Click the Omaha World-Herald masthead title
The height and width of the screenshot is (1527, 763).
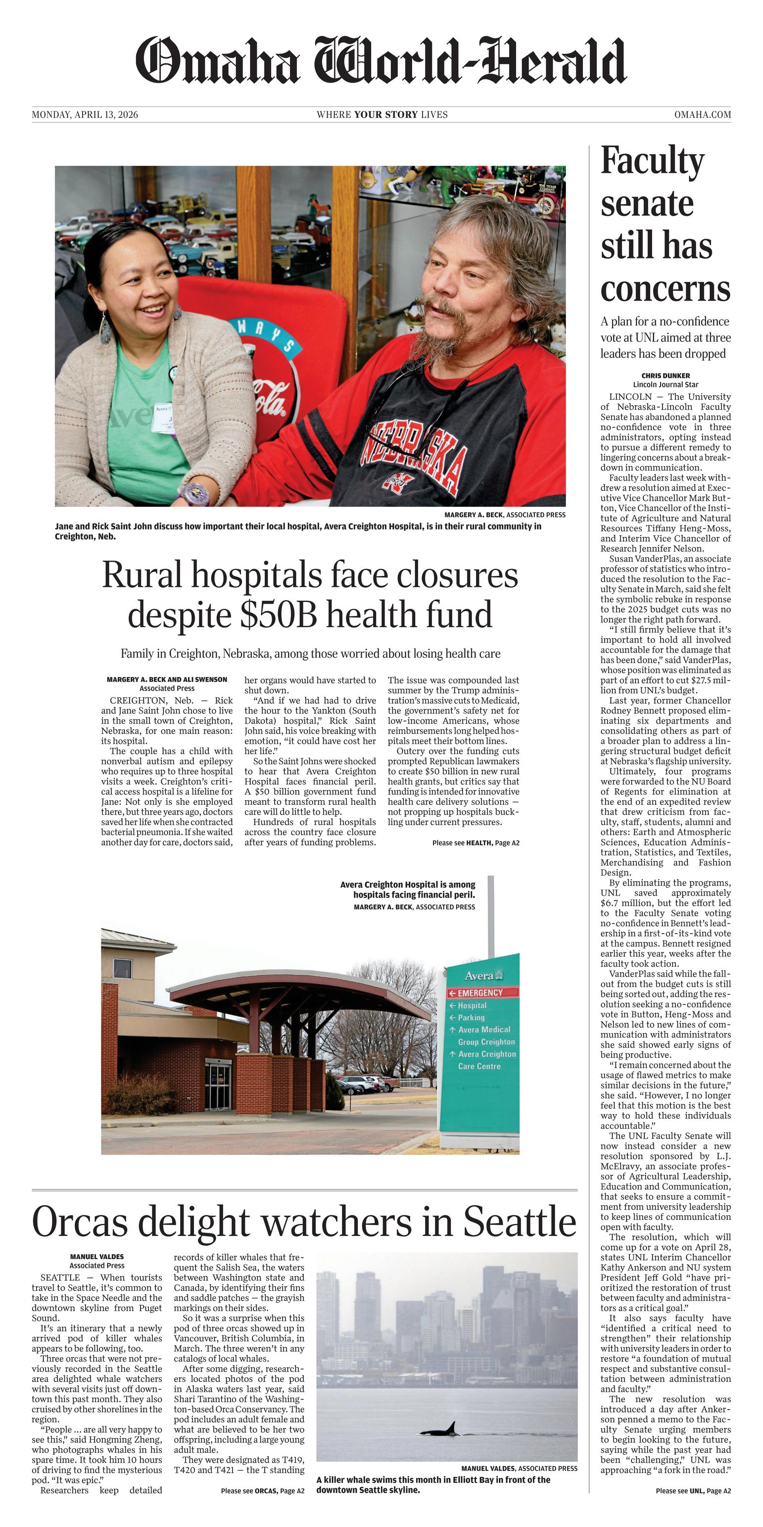381,61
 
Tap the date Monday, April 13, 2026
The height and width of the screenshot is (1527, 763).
85,114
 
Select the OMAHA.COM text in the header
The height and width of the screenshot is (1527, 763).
702,114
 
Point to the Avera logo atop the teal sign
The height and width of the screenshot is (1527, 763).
483,976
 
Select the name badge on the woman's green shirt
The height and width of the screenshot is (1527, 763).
162,418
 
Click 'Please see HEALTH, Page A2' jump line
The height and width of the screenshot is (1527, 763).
476,842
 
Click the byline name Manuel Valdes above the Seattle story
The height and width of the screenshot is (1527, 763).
96,1256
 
